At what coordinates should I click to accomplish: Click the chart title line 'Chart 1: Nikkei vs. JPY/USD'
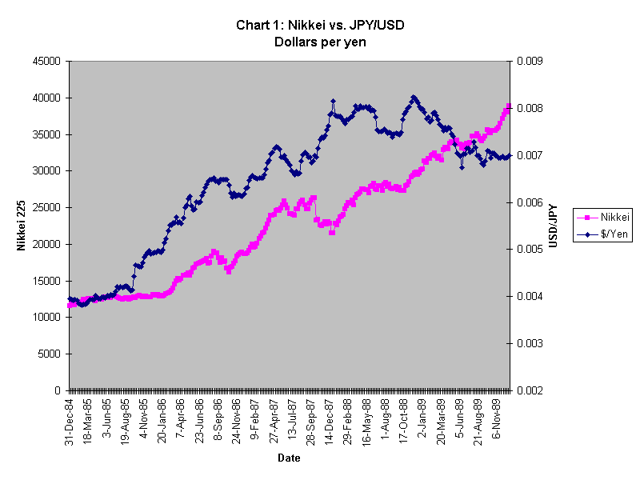point(320,25)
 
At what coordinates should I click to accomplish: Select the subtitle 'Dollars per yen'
point(320,42)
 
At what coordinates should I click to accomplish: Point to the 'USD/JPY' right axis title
point(551,226)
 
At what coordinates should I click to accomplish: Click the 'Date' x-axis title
point(289,458)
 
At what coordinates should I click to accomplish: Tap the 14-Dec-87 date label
point(330,420)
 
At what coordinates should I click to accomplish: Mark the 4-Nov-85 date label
point(144,420)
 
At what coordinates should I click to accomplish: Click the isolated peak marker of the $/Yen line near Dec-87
point(332,102)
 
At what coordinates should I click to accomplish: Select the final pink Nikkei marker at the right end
point(509,106)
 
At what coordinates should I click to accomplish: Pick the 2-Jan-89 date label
point(423,418)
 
